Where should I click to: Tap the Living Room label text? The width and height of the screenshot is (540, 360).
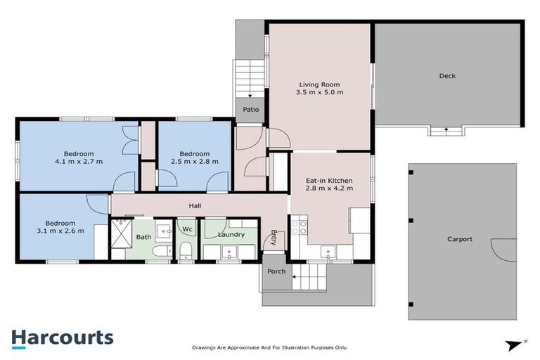click(x=319, y=84)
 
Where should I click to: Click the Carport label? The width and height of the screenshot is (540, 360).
click(x=460, y=239)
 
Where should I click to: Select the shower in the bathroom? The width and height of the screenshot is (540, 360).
click(x=122, y=233)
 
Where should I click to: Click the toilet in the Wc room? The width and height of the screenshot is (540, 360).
click(x=186, y=250)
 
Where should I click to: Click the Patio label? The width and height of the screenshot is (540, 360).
click(x=251, y=110)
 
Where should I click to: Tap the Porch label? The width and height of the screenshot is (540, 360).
click(x=276, y=271)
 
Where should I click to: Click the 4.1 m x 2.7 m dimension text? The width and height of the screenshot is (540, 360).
click(x=79, y=162)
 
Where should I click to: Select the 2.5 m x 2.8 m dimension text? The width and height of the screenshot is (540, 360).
click(x=194, y=162)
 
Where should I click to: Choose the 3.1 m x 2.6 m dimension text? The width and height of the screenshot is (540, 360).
click(x=60, y=230)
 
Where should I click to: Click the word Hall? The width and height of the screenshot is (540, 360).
click(x=195, y=206)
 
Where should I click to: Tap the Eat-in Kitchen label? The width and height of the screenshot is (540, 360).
click(x=329, y=181)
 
